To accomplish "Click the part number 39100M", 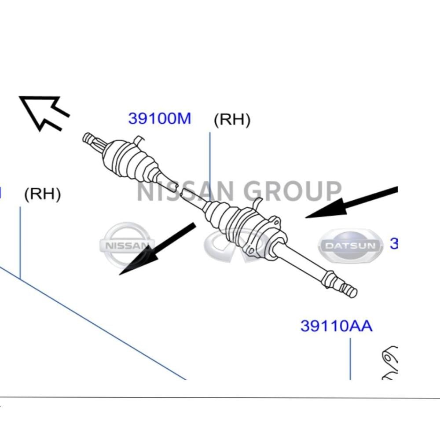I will tap(160, 118).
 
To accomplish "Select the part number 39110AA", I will tap(336, 326).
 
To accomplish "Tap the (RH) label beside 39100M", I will tap(232, 120).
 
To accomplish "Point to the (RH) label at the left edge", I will tap(42, 194).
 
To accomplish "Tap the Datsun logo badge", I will tap(351, 246).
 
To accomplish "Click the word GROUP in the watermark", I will tap(293, 191).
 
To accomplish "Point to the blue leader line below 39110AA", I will tap(350, 359).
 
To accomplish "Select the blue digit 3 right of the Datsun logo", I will tap(394, 244).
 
